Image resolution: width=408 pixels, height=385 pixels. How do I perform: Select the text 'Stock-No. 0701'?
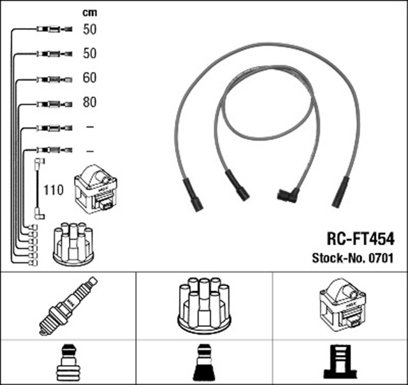[x=351, y=259]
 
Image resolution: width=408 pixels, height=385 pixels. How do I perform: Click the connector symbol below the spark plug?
[x=68, y=362]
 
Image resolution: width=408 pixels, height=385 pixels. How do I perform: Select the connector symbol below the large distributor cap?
[x=204, y=362]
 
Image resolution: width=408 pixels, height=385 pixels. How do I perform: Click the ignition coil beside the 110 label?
[x=96, y=190]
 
